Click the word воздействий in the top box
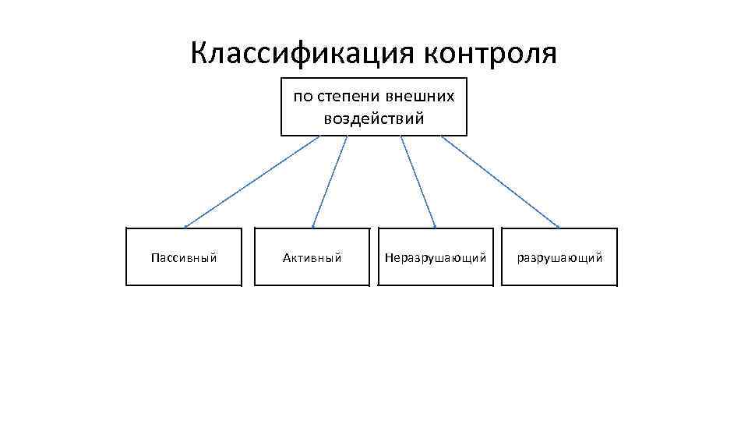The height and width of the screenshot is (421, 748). coord(374,119)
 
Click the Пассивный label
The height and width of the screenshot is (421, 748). coord(184,257)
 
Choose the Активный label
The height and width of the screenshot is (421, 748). coord(312,257)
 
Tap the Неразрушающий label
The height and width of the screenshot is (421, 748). coord(436,257)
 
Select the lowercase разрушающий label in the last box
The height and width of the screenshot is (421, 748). coord(559,257)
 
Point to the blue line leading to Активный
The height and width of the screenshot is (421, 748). coord(330,182)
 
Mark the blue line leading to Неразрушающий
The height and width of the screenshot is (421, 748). coord(418,182)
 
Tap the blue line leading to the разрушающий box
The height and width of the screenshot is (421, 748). coord(500,182)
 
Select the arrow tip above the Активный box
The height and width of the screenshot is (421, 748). coord(313,227)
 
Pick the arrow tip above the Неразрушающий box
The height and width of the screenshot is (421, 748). coord(435,227)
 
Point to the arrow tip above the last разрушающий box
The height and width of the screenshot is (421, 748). coord(559,227)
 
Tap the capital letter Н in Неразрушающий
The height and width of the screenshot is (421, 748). coord(389,257)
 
